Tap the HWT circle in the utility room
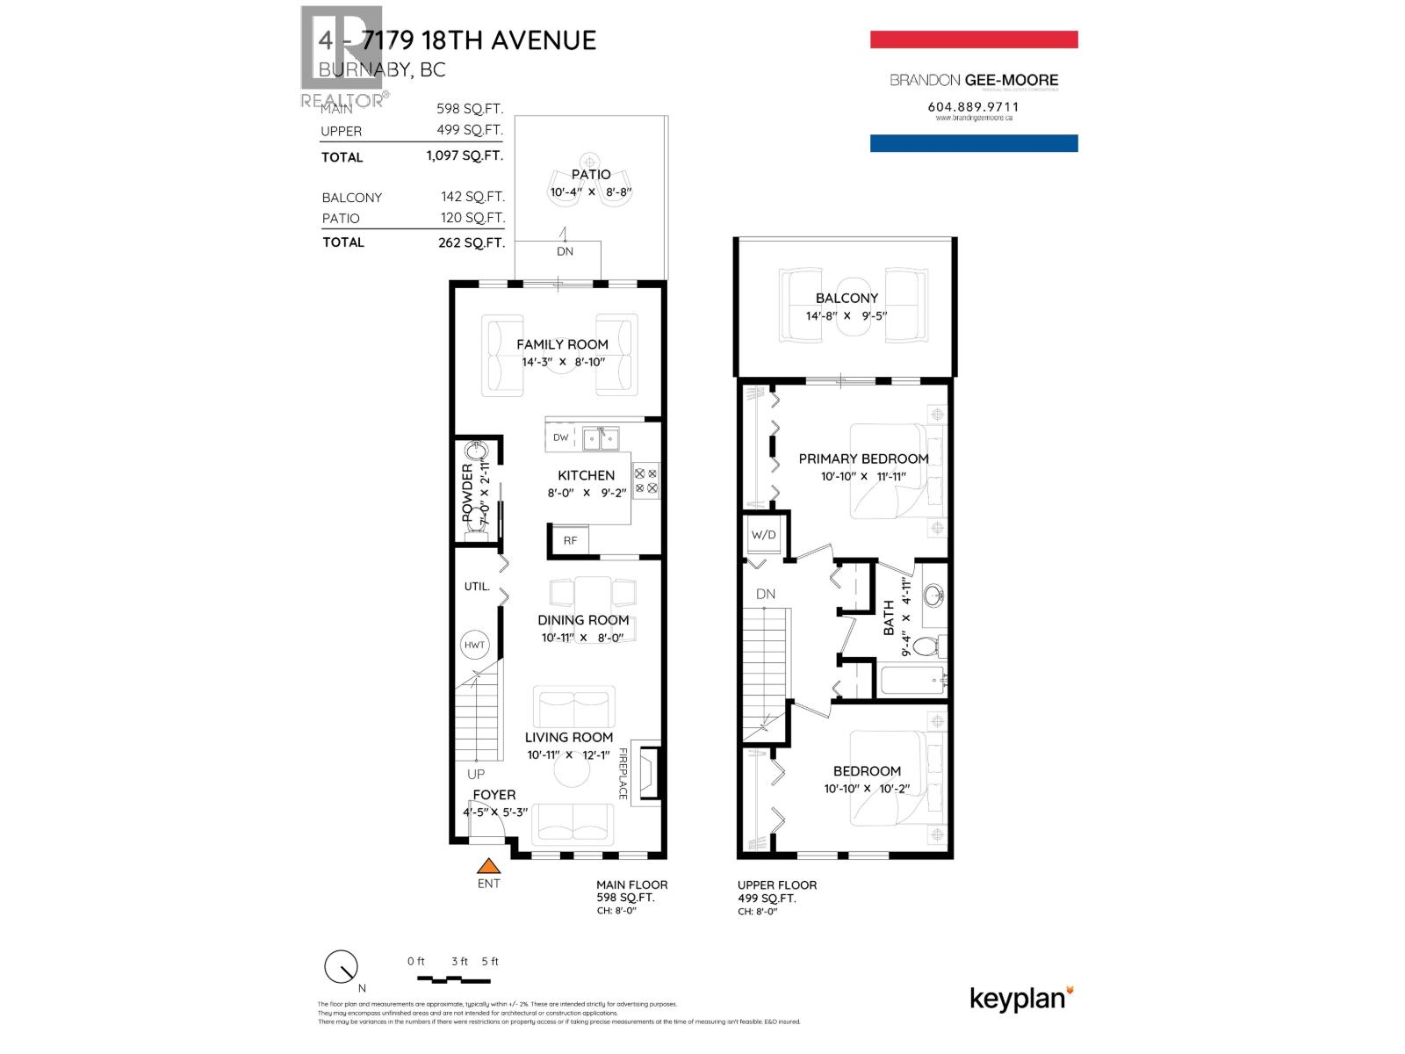pyautogui.click(x=474, y=645)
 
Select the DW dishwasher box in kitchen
pyautogui.click(x=561, y=437)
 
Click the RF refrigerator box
pyautogui.click(x=570, y=540)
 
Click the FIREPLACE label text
pyautogui.click(x=623, y=773)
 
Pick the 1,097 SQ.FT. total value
pyautogui.click(x=465, y=155)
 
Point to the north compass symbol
pyautogui.click(x=341, y=968)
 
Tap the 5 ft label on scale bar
pyautogui.click(x=490, y=961)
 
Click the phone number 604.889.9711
pyautogui.click(x=973, y=106)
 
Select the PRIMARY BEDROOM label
pyautogui.click(x=863, y=458)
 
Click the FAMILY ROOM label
pyautogui.click(x=562, y=344)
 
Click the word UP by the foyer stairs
pyautogui.click(x=476, y=774)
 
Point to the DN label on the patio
pyautogui.click(x=565, y=251)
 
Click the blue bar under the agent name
pyautogui.click(x=974, y=143)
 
